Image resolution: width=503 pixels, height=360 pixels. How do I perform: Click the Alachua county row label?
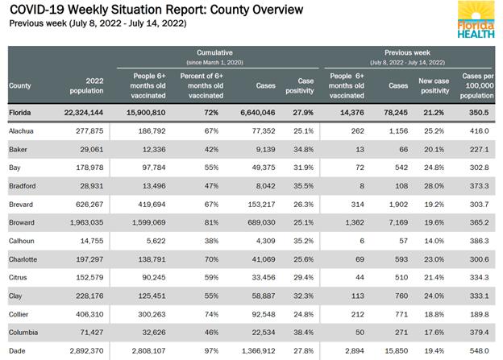[x=21, y=130]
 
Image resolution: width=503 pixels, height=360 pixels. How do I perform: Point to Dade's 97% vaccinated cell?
[x=208, y=352]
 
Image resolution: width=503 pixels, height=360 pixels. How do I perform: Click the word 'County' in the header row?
[x=20, y=85]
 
